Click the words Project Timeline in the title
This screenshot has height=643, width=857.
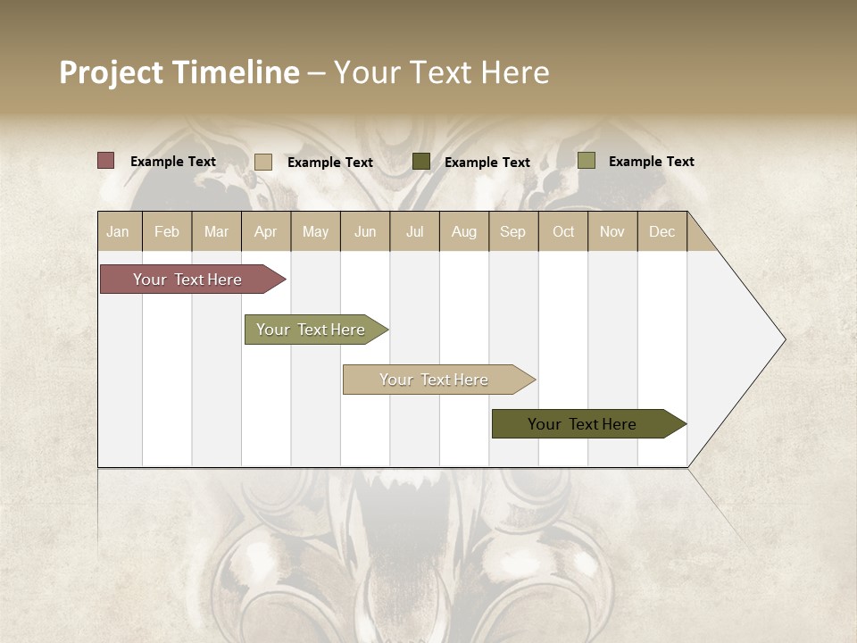(x=179, y=72)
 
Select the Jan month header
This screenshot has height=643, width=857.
(x=118, y=232)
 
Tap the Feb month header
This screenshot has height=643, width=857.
(x=167, y=232)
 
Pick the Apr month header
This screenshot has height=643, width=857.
(x=266, y=232)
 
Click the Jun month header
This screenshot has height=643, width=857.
(x=365, y=232)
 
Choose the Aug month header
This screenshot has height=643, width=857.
(x=464, y=232)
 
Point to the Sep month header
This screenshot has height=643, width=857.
(x=513, y=232)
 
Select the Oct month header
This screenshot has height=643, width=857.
(x=563, y=232)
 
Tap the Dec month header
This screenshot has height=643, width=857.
(x=662, y=232)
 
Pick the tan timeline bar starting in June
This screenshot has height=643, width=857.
(x=435, y=380)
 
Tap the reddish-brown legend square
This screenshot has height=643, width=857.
(x=106, y=161)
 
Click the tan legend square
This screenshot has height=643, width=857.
(x=263, y=162)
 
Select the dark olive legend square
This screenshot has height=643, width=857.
(x=421, y=162)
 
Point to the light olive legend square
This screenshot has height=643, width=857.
(x=587, y=161)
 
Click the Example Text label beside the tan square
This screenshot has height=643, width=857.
(x=330, y=163)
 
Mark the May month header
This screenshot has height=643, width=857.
(x=315, y=232)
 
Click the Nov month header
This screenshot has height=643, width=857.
(x=612, y=232)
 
